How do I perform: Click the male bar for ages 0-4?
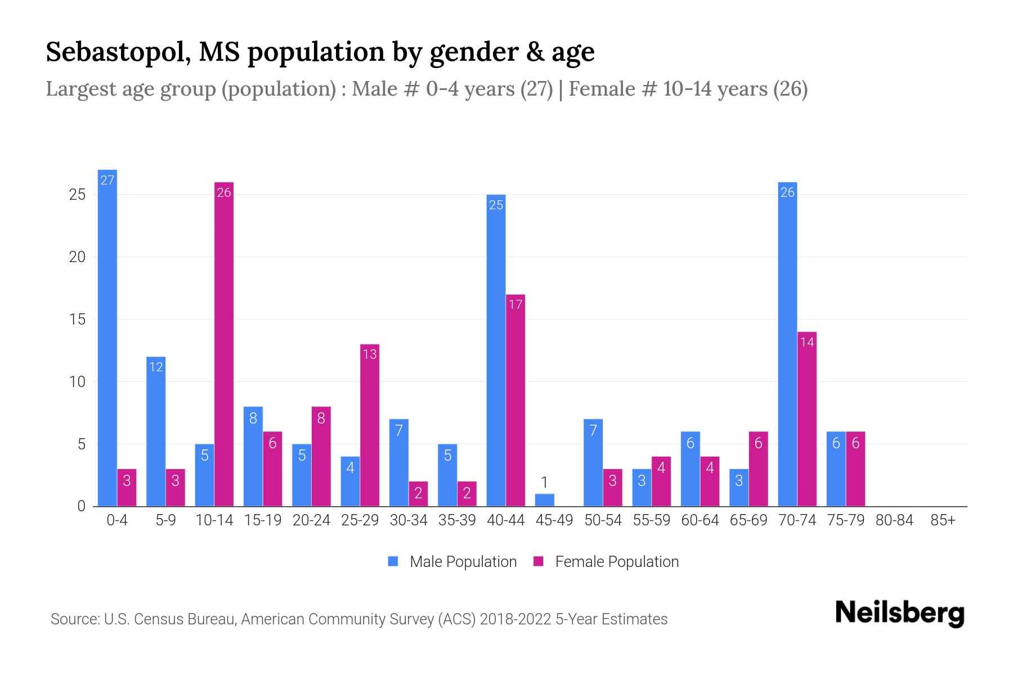pos(107,337)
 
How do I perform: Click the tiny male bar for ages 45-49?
pos(544,500)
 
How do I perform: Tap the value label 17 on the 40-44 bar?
pos(516,304)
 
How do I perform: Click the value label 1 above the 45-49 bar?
pos(544,482)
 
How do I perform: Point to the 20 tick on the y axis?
pos(77,257)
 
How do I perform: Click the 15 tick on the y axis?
pos(77,319)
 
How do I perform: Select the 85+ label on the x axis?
pos(943,520)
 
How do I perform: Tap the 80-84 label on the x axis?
pos(894,520)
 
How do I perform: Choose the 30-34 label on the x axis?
pos(409,520)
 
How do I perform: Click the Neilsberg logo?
pos(899,613)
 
